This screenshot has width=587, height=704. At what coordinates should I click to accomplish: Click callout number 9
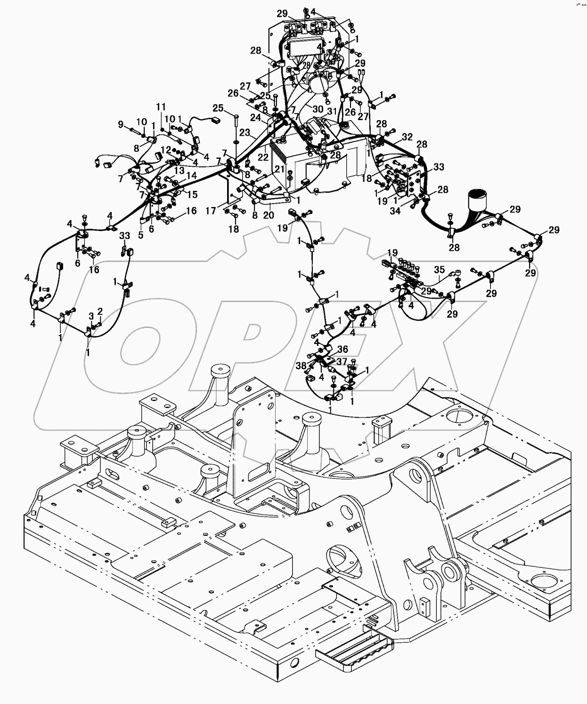pyautogui.click(x=121, y=124)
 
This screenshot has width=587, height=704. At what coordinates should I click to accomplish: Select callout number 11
pyautogui.click(x=161, y=106)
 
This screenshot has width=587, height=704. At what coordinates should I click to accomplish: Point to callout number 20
pyautogui.click(x=268, y=215)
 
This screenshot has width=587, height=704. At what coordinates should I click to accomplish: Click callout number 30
pyautogui.click(x=318, y=109)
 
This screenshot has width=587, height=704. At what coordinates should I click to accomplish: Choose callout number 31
pyautogui.click(x=333, y=111)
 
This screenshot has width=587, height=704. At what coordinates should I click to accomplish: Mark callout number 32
pyautogui.click(x=407, y=138)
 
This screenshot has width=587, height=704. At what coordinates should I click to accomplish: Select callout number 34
pyautogui.click(x=395, y=211)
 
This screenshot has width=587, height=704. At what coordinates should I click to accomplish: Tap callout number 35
pyautogui.click(x=439, y=270)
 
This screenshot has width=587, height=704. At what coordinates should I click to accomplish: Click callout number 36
pyautogui.click(x=343, y=349)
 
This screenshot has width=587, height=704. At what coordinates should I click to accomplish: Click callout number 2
pyautogui.click(x=100, y=311)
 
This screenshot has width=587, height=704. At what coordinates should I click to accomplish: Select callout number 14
pyautogui.click(x=192, y=175)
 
